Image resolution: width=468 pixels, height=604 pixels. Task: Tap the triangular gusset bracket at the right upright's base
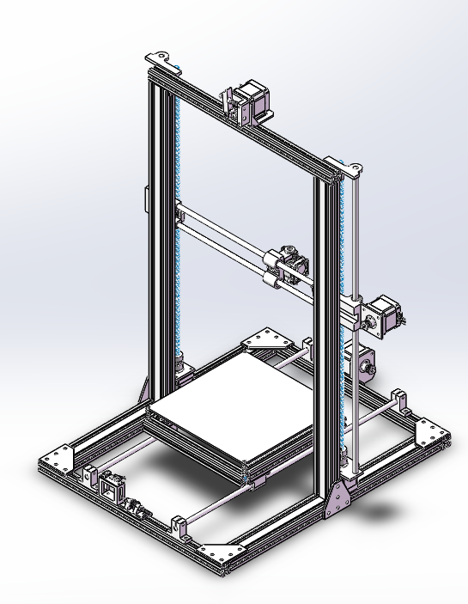pyautogui.click(x=339, y=499)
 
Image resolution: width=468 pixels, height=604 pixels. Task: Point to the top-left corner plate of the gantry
pyautogui.click(x=161, y=59)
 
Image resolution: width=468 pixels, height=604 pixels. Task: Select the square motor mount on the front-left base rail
pyautogui.click(x=112, y=488)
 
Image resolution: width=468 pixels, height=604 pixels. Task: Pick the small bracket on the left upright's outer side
pyautogui.click(x=147, y=197)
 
